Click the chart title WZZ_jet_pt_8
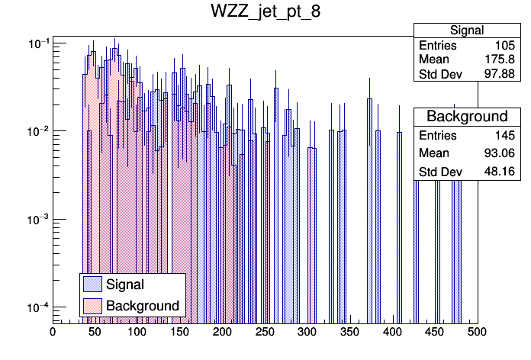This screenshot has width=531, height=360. click(x=265, y=13)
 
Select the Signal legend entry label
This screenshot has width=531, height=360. click(x=126, y=284)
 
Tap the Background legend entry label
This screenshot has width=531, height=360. click(x=143, y=306)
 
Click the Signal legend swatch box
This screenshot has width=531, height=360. click(x=92, y=284)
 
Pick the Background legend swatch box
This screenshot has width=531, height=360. click(x=92, y=306)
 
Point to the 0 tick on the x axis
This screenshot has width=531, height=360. click(x=53, y=332)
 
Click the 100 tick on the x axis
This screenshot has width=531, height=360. click(x=137, y=332)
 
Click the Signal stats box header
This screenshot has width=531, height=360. click(x=466, y=31)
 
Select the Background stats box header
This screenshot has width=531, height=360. click(x=467, y=117)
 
